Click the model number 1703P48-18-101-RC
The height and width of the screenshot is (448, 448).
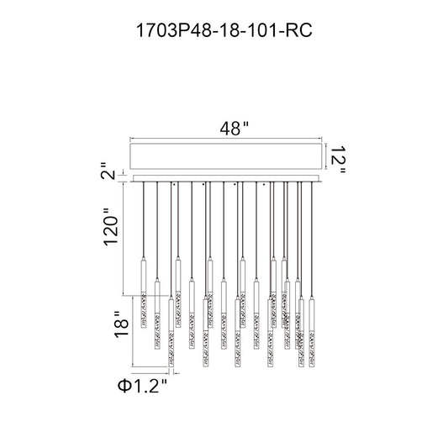point(224,30)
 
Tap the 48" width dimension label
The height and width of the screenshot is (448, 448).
point(234,129)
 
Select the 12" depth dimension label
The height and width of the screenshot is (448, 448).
point(338,159)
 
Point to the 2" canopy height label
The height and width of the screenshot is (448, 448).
point(108,171)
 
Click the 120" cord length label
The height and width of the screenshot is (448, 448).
point(111,227)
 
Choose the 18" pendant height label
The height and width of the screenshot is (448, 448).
point(121,324)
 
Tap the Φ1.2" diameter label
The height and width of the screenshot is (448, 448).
point(142,387)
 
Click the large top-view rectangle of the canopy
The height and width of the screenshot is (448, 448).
point(226,156)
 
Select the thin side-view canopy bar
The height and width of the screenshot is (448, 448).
point(226,178)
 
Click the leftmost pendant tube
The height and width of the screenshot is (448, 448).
point(144,293)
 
